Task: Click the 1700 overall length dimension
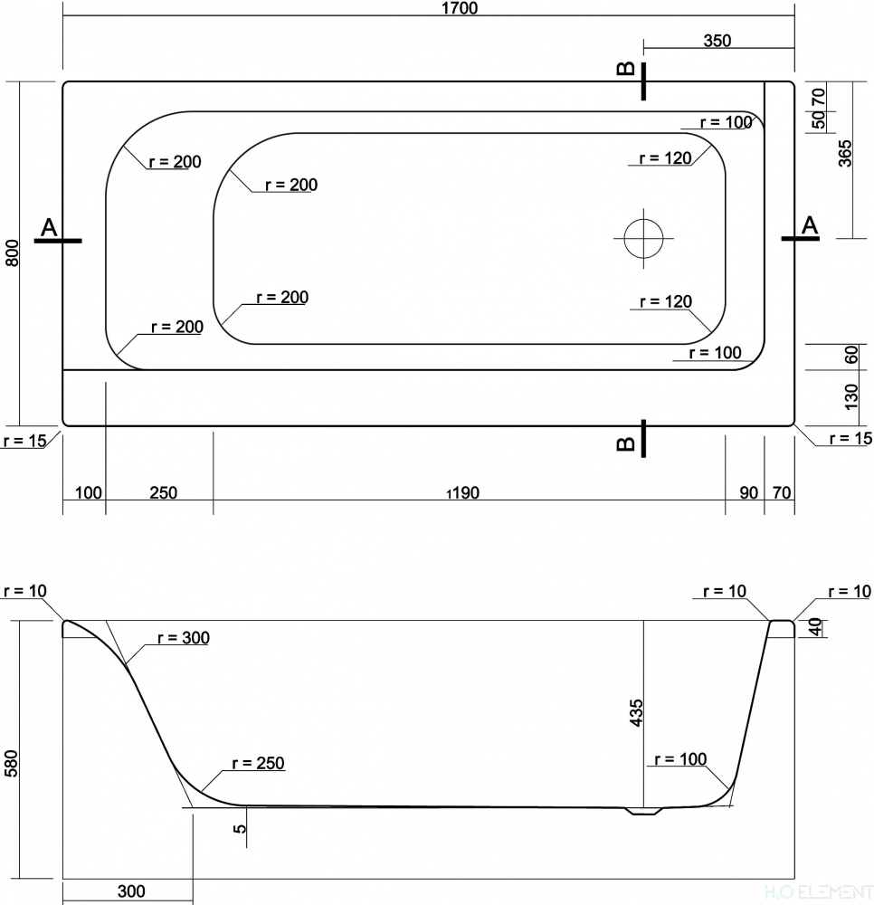pyautogui.click(x=460, y=8)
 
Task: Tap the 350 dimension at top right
pyautogui.click(x=717, y=41)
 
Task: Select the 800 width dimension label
pyautogui.click(x=12, y=252)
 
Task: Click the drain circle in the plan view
pyautogui.click(x=643, y=238)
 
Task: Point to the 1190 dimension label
pyautogui.click(x=462, y=493)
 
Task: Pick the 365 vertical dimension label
pyautogui.click(x=844, y=153)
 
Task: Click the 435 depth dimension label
pyautogui.click(x=636, y=713)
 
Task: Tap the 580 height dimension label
pyautogui.click(x=12, y=763)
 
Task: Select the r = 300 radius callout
pyautogui.click(x=184, y=638)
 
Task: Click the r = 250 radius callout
pyautogui.click(x=258, y=763)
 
